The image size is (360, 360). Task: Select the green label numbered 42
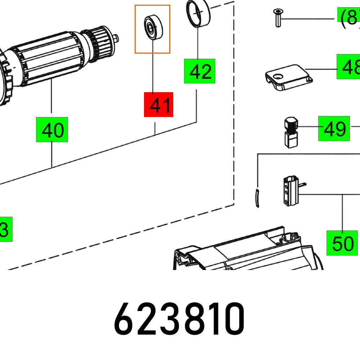[x=199, y=71]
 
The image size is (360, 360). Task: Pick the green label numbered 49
[x=334, y=128]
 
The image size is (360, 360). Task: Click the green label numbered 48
[x=348, y=67]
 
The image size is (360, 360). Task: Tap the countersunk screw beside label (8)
[x=277, y=17]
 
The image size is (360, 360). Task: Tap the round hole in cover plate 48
[x=277, y=76]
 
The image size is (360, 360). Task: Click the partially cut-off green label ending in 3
[x=5, y=229]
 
